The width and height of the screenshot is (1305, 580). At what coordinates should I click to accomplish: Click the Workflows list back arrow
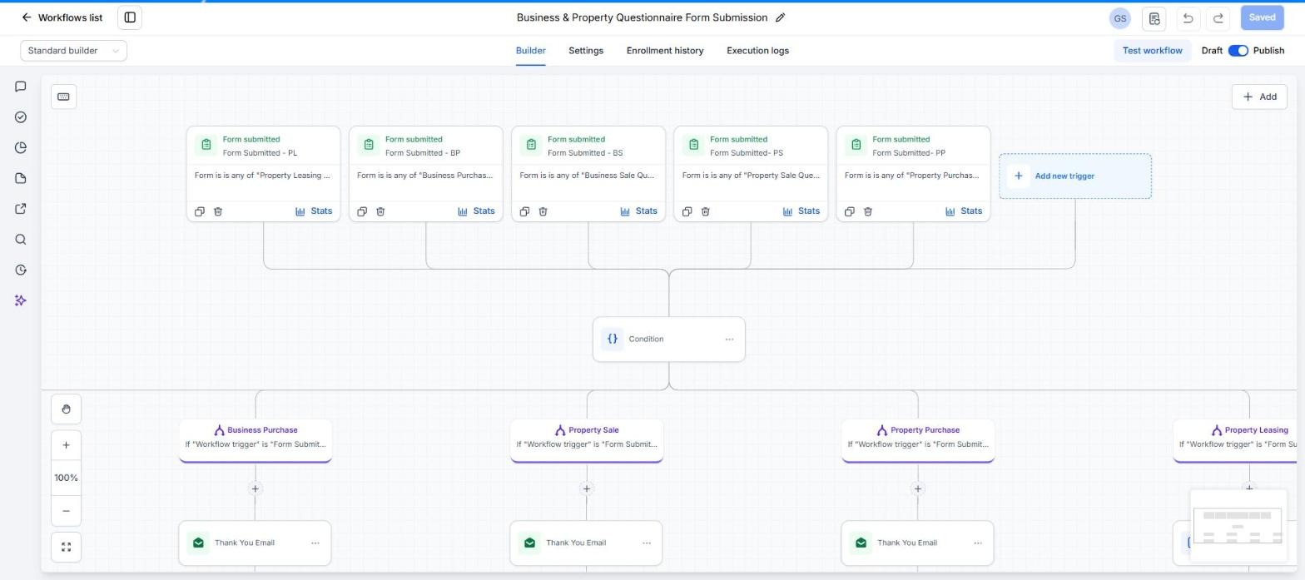(27, 17)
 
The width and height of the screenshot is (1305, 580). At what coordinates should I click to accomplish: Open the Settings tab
(586, 51)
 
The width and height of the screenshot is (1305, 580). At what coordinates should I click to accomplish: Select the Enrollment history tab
(665, 51)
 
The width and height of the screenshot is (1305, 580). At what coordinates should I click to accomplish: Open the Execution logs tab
(757, 51)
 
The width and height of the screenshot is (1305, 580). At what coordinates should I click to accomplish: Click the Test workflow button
(1153, 51)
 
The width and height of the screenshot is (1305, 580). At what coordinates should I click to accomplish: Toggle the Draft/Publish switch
(1238, 51)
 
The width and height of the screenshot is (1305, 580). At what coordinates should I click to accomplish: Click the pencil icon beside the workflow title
(780, 17)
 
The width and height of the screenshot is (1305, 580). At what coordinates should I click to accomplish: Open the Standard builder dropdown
(73, 51)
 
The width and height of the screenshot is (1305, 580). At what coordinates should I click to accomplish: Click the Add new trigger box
(1075, 176)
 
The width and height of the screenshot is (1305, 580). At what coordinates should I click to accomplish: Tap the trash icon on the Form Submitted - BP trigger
(380, 211)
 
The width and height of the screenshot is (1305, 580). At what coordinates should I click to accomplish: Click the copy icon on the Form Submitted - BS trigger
(524, 211)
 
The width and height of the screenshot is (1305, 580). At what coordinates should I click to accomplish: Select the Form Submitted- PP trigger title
(909, 152)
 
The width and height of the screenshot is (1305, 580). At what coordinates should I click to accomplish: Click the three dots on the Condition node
(729, 339)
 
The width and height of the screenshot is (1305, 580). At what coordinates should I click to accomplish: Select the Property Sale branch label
(593, 429)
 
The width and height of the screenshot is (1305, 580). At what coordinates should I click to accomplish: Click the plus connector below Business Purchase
(256, 488)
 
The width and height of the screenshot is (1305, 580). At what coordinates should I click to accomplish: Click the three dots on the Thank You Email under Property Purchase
(978, 543)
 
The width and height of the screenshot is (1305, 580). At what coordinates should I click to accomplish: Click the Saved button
(1262, 17)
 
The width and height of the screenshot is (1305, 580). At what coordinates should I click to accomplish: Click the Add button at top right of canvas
(1259, 97)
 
